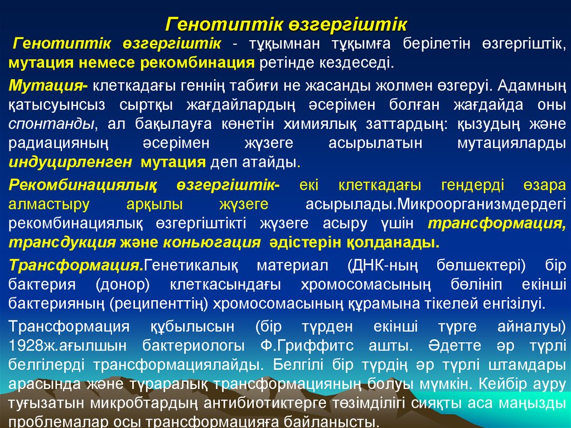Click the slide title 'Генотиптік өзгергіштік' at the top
pos(287,25)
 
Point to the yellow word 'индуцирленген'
pos(70,162)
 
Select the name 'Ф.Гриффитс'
pos(301,346)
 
